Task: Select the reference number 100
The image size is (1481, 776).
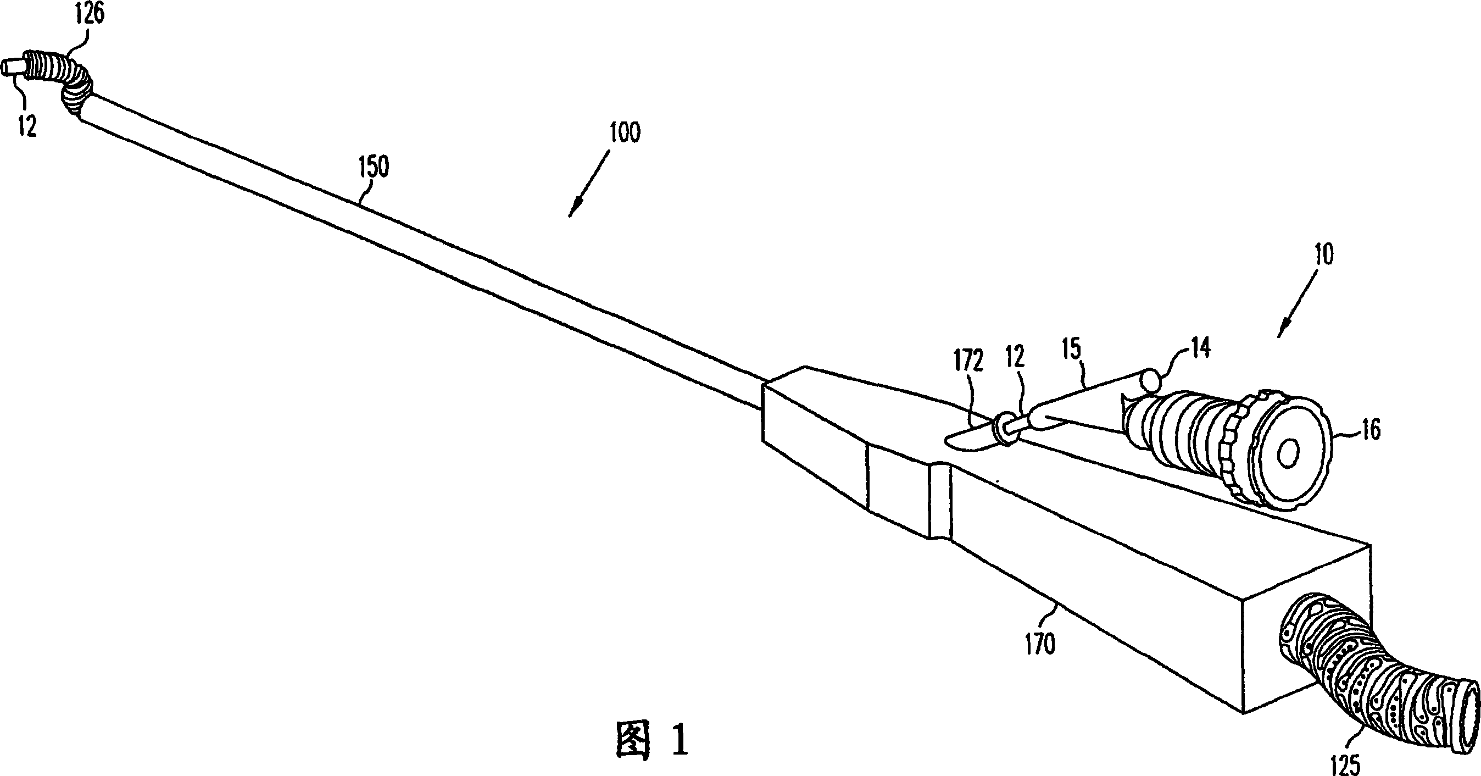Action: click(x=625, y=133)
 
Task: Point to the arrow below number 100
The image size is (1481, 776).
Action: click(x=588, y=184)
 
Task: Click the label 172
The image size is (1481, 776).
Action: click(x=968, y=362)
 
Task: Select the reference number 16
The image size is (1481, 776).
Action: click(x=1371, y=430)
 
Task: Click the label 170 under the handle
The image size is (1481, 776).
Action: click(x=1040, y=644)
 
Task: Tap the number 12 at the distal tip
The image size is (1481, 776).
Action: click(x=26, y=125)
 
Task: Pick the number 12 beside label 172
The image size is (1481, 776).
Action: click(x=1014, y=358)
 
